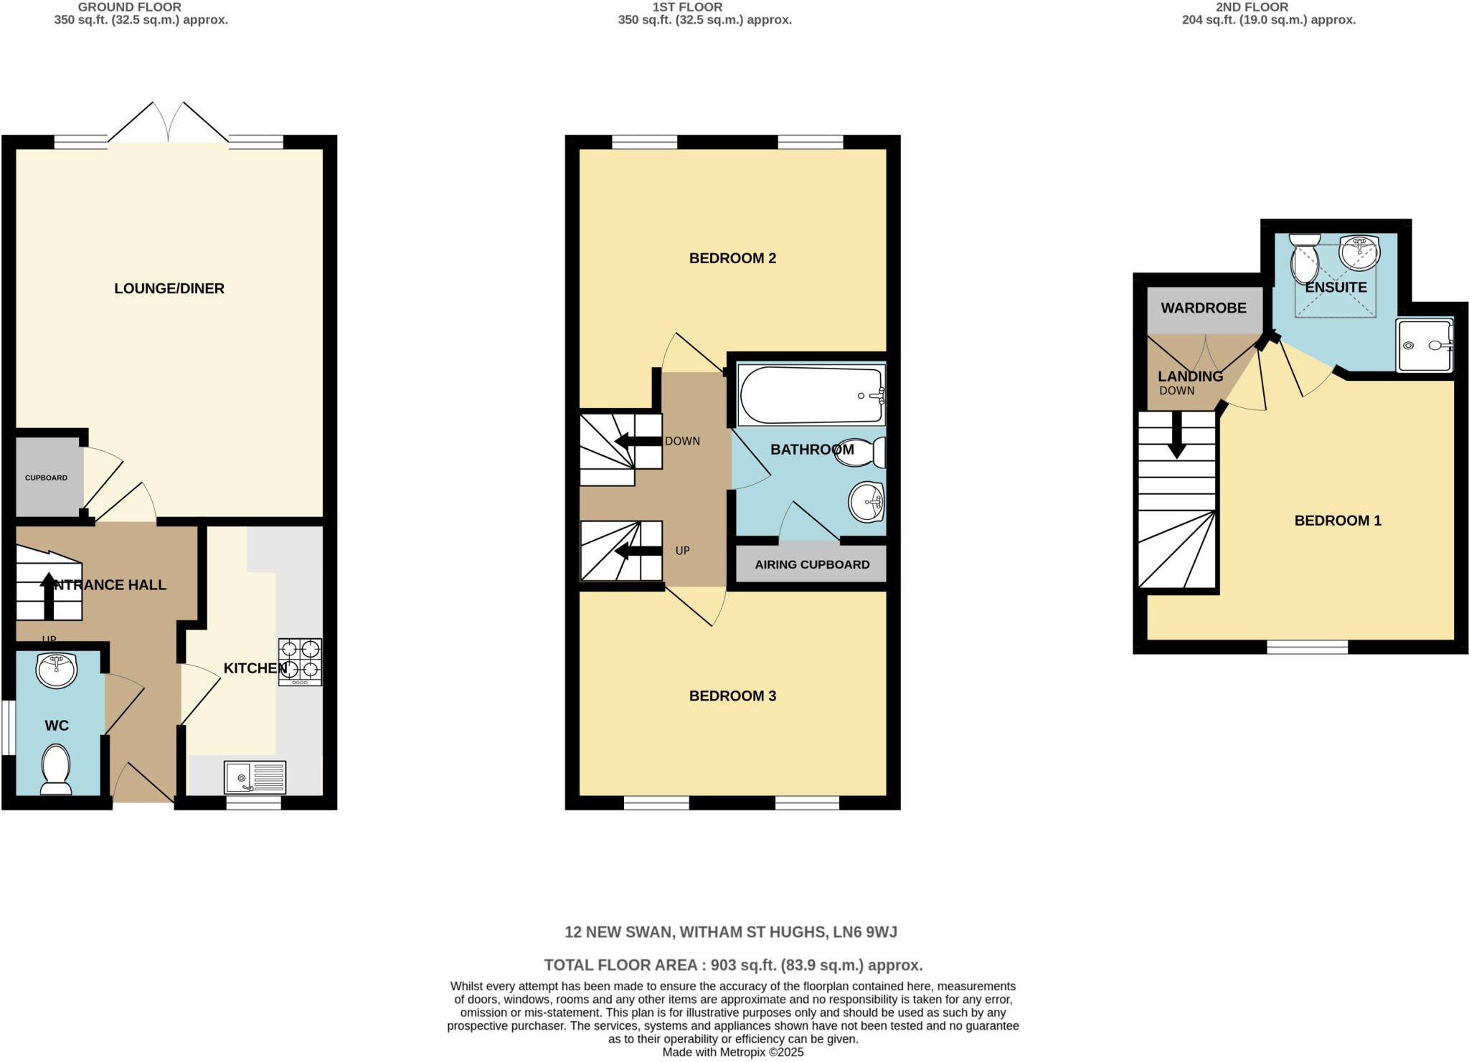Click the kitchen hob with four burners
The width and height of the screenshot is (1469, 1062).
click(x=300, y=662)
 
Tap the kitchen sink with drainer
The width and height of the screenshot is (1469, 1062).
click(x=255, y=777)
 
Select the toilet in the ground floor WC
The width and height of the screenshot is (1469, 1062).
click(x=56, y=769)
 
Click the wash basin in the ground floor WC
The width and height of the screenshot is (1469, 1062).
click(x=57, y=670)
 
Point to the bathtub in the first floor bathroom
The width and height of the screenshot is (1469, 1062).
click(x=811, y=396)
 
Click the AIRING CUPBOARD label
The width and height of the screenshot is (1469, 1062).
click(x=812, y=564)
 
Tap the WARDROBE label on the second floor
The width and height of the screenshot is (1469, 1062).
click(x=1204, y=308)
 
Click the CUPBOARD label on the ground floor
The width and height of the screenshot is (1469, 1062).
click(x=47, y=478)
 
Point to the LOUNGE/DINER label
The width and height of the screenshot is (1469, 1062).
click(x=169, y=288)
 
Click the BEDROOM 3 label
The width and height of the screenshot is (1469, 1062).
click(x=732, y=696)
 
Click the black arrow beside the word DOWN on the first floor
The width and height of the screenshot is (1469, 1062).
click(x=638, y=441)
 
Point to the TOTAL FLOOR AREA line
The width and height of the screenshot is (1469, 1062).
click(x=733, y=965)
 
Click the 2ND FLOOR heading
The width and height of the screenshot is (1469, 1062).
click(x=1267, y=7)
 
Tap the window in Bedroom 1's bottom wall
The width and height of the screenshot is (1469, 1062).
click(x=1307, y=647)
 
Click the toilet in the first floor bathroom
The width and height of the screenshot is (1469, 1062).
click(x=860, y=452)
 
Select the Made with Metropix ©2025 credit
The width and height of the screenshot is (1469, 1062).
click(x=732, y=1053)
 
